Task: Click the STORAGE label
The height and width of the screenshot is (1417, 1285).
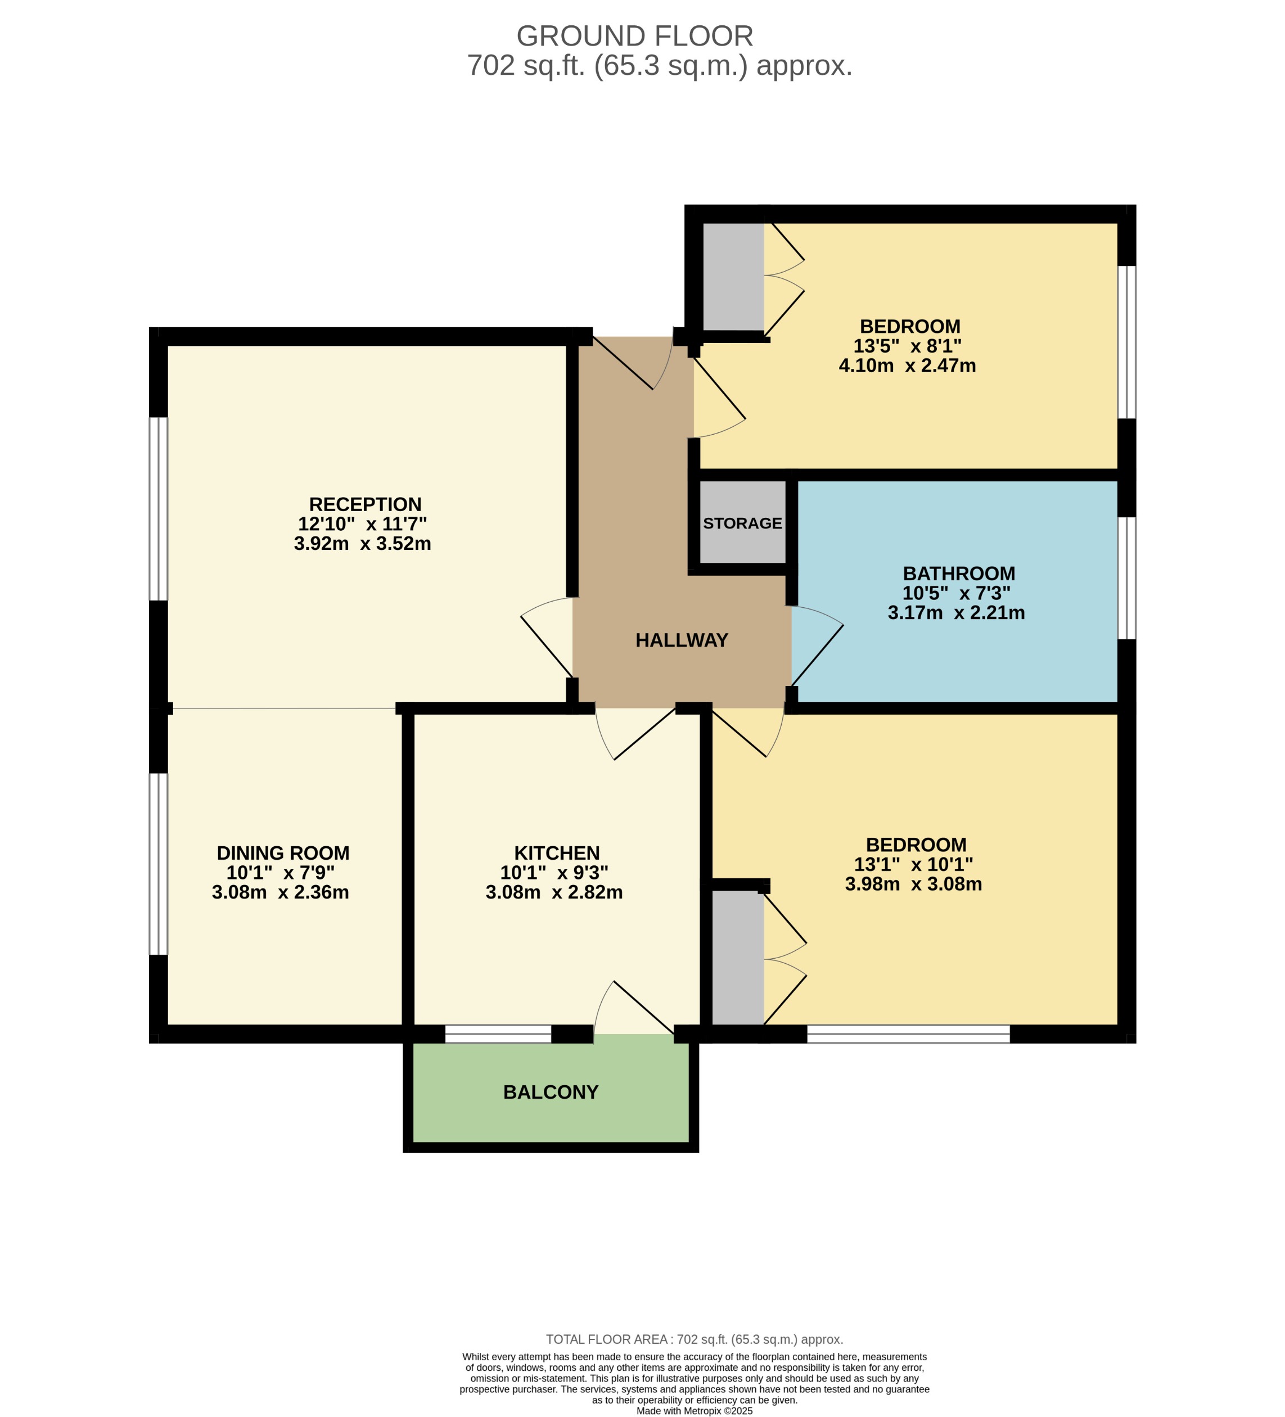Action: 742,523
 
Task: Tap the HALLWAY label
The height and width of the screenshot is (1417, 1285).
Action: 681,640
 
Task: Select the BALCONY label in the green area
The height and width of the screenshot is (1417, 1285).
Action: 551,1091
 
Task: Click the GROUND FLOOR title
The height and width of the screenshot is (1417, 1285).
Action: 634,36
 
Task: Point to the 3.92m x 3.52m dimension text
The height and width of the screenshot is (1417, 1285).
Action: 362,543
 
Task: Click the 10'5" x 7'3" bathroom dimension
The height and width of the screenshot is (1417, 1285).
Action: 956,593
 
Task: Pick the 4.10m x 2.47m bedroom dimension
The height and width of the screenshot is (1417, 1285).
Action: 907,365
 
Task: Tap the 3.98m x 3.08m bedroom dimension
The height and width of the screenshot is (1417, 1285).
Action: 913,883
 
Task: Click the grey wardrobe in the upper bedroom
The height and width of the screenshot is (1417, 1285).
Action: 733,277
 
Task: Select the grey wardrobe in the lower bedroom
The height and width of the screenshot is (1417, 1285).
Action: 737,957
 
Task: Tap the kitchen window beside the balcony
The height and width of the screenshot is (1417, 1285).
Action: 498,1034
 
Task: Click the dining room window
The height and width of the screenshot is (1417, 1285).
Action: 159,864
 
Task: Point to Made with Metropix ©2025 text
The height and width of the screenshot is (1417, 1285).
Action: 694,1411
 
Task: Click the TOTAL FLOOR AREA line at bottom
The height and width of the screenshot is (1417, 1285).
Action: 694,1339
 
